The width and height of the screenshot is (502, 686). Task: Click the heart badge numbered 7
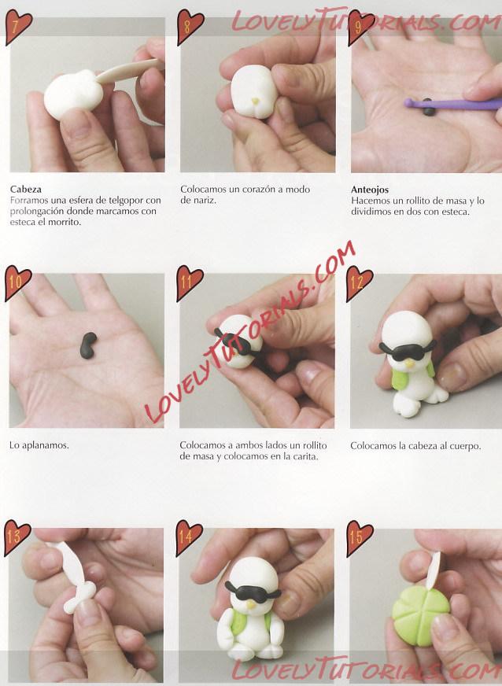[18, 27]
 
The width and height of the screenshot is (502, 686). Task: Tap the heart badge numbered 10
[17, 282]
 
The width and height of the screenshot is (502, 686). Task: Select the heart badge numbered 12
[359, 283]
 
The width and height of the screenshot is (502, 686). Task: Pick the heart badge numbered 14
[189, 537]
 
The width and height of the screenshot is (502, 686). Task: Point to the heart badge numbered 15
[360, 537]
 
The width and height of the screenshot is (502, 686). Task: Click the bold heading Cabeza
[26, 190]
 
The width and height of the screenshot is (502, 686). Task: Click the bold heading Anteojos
[370, 190]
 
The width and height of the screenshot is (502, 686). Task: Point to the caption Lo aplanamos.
[39, 446]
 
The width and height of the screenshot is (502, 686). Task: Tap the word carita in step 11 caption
[305, 456]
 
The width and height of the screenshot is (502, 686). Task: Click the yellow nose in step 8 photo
[255, 101]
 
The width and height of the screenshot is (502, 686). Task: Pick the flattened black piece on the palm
[88, 345]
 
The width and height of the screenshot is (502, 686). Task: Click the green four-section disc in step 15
[420, 610]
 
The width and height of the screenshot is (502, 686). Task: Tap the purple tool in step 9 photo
[453, 104]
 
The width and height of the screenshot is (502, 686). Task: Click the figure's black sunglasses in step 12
[407, 350]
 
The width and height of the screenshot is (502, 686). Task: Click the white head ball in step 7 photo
[73, 95]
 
